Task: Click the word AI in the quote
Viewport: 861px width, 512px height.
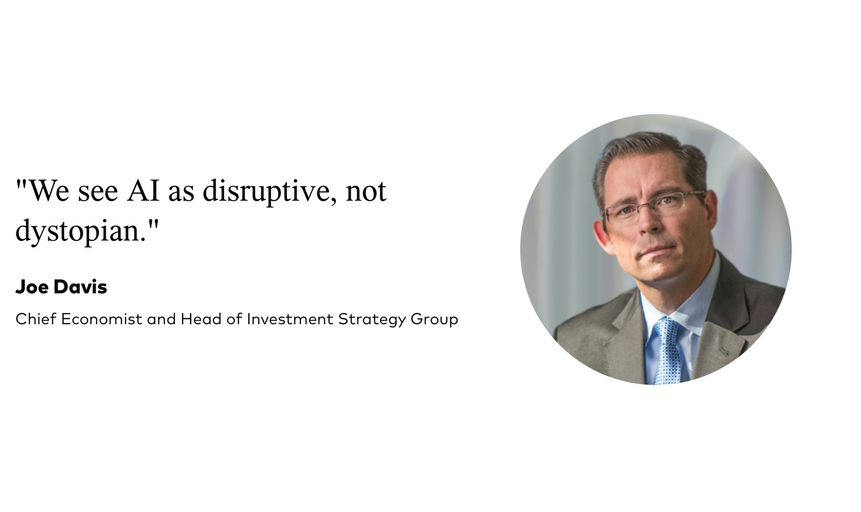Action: tap(143, 190)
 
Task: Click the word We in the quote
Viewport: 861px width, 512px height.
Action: tap(50, 190)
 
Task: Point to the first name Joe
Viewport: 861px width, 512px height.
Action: tap(32, 287)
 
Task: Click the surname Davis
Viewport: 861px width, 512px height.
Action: tap(80, 287)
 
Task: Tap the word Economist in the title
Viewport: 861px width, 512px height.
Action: tap(102, 319)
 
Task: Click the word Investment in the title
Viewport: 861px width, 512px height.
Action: tap(290, 319)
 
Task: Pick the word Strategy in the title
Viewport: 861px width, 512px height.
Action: tap(372, 319)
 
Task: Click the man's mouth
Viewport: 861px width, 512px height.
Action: tap(652, 249)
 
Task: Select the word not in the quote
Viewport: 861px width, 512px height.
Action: tap(366, 191)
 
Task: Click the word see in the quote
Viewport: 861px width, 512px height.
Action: tap(98, 193)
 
